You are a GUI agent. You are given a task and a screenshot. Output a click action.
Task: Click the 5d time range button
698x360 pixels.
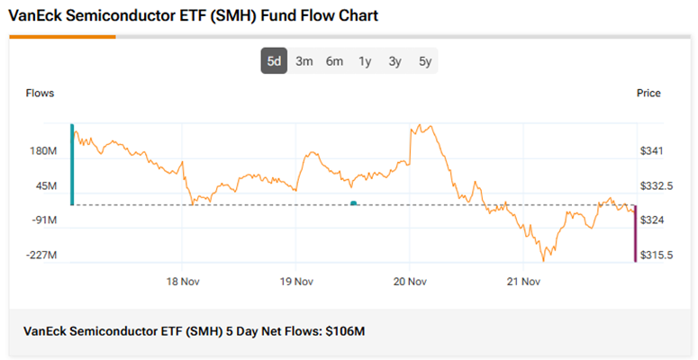pyautogui.click(x=274, y=61)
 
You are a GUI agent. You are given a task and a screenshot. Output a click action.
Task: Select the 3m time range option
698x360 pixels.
pyautogui.click(x=304, y=61)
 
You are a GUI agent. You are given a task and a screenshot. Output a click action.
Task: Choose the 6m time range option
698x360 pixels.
pyautogui.click(x=334, y=61)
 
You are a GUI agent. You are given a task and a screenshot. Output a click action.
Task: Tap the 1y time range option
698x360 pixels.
pyautogui.click(x=365, y=61)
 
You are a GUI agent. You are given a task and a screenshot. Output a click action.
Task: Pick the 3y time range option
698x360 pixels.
pyautogui.click(x=394, y=61)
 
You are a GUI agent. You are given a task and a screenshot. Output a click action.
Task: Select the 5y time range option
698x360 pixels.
pyautogui.click(x=425, y=61)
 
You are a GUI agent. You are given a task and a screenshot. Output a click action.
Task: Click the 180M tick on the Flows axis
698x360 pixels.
pyautogui.click(x=43, y=151)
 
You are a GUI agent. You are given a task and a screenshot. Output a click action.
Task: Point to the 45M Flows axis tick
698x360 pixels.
pyautogui.click(x=46, y=186)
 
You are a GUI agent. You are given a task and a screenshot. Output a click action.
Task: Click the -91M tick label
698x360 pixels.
pyautogui.click(x=44, y=220)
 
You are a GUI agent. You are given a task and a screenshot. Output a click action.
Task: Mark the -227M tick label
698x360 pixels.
pyautogui.click(x=41, y=256)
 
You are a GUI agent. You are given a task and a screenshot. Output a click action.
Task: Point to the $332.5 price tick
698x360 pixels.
pyautogui.click(x=655, y=186)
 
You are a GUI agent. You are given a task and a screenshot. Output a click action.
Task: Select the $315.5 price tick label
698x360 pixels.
pyautogui.click(x=655, y=256)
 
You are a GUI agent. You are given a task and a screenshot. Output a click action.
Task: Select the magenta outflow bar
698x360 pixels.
pyautogui.click(x=635, y=233)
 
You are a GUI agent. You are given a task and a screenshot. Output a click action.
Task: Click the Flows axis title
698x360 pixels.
pyautogui.click(x=40, y=94)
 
